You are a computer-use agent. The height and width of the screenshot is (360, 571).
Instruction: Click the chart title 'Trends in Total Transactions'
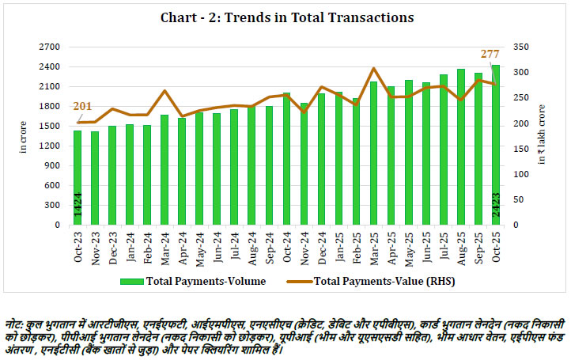286,17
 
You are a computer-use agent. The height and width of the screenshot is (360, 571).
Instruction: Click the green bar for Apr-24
182,171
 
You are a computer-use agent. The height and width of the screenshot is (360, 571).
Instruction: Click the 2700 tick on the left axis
52,47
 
